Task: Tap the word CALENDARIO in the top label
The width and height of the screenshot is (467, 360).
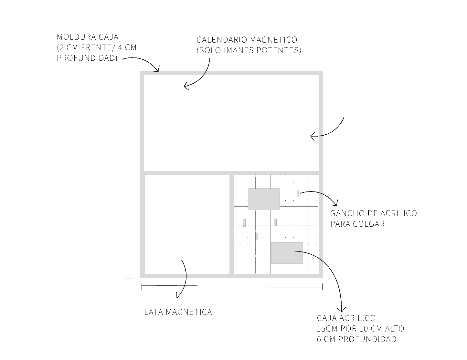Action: click(222, 40)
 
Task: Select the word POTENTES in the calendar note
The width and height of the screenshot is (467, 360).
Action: click(279, 50)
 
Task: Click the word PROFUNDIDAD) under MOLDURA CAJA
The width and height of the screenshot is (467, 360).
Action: click(87, 58)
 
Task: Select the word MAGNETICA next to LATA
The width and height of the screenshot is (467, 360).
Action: click(189, 312)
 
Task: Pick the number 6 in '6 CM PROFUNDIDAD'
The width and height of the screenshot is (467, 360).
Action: click(319, 339)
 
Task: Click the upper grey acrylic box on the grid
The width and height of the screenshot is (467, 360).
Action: click(264, 199)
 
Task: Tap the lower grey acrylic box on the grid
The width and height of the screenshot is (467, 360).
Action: click(287, 253)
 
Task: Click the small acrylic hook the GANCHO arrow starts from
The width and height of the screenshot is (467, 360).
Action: click(298, 193)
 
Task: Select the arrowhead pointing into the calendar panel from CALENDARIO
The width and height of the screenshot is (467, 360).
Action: click(186, 87)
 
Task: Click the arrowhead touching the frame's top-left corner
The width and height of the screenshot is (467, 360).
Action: click(156, 69)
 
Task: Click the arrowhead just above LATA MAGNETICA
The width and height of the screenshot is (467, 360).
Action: click(179, 296)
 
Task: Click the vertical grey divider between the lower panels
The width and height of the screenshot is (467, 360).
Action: click(231, 224)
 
